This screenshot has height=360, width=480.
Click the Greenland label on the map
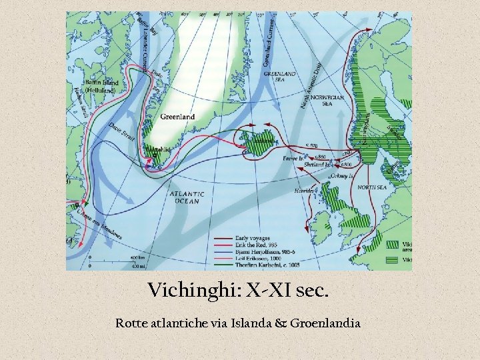tap(177, 117)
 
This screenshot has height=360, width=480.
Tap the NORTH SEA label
tap(372, 188)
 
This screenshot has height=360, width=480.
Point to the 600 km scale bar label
tap(137, 257)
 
